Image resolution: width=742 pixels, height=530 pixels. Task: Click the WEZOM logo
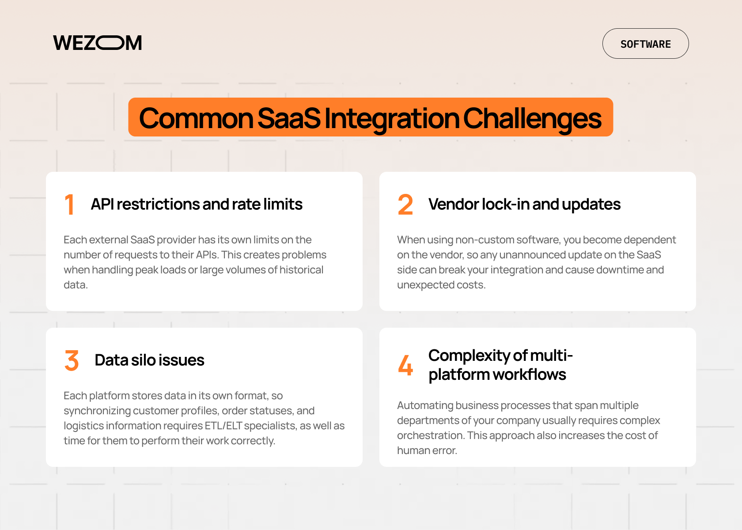pos(98,43)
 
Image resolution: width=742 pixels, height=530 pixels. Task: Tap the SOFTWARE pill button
pos(645,44)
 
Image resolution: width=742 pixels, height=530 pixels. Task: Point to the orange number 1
pos(69,204)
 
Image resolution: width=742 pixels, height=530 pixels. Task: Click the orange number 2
pos(405,204)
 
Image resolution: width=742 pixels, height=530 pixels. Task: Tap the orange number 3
pos(72,360)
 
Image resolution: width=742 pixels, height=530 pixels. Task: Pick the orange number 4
pos(405,365)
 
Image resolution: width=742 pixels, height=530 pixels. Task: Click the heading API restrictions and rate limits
pos(197,204)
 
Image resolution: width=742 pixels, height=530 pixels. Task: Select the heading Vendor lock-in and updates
pos(524,204)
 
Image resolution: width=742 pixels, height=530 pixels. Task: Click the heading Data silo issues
pos(149,360)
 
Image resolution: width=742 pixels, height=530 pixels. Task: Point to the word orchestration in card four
pos(430,435)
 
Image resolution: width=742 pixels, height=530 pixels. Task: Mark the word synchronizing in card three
pos(97,411)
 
